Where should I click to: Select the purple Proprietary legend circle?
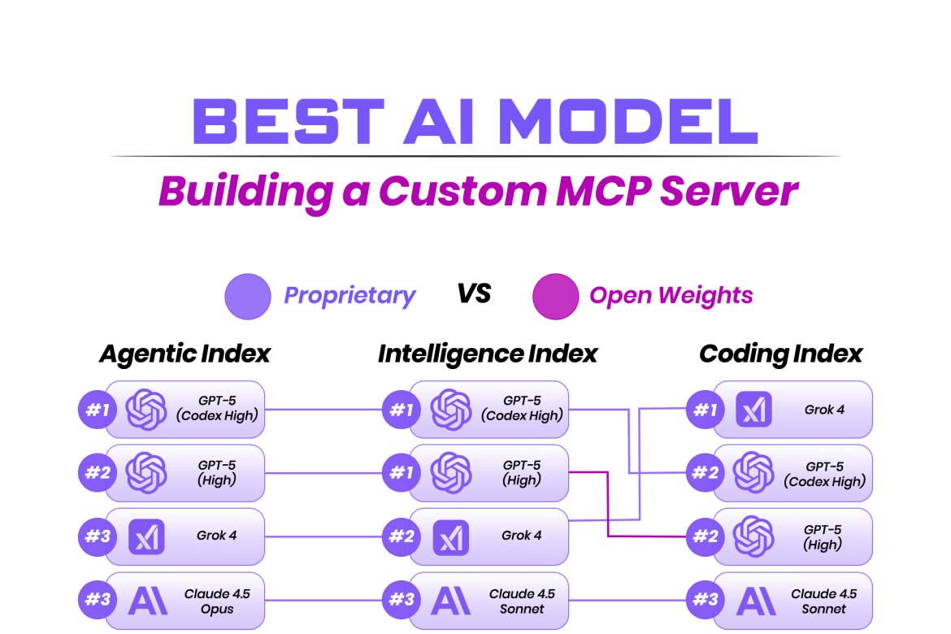click(x=247, y=296)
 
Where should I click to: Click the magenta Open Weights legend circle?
click(x=555, y=296)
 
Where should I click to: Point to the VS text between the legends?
click(x=474, y=293)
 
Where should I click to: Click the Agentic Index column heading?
click(x=185, y=354)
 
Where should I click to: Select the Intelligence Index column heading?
click(x=488, y=354)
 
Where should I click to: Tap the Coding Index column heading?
click(x=780, y=354)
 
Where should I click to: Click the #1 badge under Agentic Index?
click(x=98, y=410)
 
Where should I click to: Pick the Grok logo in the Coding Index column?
click(x=753, y=410)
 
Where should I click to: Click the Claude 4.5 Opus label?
click(x=217, y=601)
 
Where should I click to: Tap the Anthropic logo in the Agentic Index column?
click(x=147, y=601)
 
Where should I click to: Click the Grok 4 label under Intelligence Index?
click(x=522, y=536)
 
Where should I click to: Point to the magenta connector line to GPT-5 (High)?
click(x=608, y=504)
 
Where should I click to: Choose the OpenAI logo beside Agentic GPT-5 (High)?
click(x=147, y=472)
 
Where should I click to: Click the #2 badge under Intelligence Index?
click(x=402, y=536)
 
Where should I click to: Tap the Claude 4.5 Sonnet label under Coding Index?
click(x=824, y=601)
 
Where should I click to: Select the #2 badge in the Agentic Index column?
click(x=98, y=472)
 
